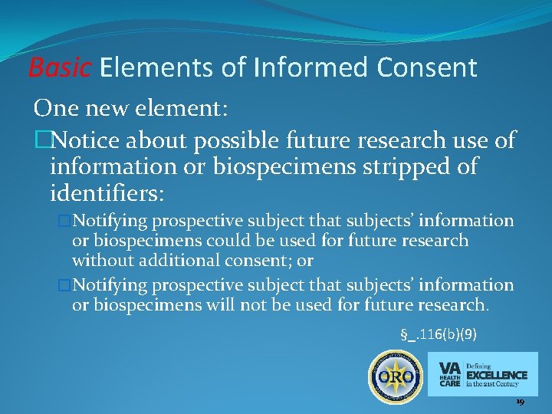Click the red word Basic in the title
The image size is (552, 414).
click(x=60, y=68)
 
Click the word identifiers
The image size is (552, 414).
click(x=106, y=190)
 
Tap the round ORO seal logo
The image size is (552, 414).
click(x=395, y=376)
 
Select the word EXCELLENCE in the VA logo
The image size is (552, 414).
click(x=496, y=375)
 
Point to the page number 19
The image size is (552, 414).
click(x=520, y=402)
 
